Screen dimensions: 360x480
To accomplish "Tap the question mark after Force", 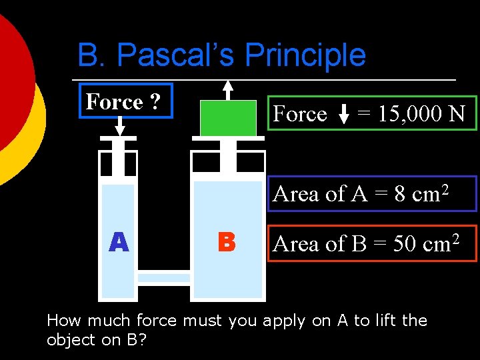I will [155, 102].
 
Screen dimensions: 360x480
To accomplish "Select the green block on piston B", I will [228, 118].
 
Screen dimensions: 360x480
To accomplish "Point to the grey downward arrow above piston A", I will [120, 124].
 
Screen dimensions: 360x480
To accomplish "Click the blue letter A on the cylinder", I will [119, 241].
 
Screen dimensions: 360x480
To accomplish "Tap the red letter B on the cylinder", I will [227, 241].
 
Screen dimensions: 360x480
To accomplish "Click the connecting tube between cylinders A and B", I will [164, 277].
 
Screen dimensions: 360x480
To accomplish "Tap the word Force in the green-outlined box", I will [300, 114].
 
